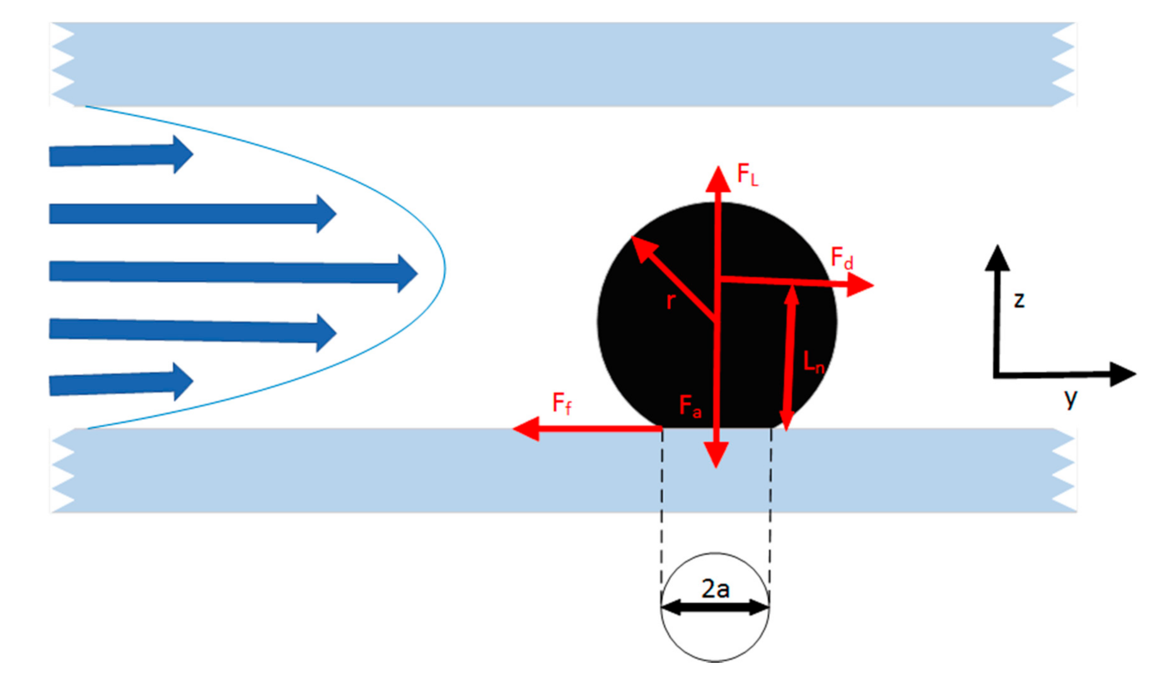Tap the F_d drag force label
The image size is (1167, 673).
click(x=842, y=258)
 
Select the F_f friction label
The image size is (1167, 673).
click(x=561, y=403)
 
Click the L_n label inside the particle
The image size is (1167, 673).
click(x=813, y=362)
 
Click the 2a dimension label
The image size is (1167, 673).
click(x=715, y=588)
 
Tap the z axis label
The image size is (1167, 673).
click(x=1019, y=300)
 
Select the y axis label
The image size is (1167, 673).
click(x=1070, y=397)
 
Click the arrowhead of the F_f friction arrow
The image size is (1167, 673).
click(x=526, y=429)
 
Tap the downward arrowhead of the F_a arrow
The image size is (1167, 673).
click(x=716, y=454)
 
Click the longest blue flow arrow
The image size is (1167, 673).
click(x=233, y=272)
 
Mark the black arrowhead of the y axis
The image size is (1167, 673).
click(x=1122, y=374)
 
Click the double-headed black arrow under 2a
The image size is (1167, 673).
click(x=715, y=608)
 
